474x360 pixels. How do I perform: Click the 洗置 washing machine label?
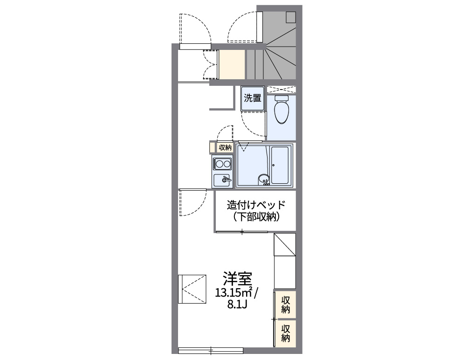tap(253, 98)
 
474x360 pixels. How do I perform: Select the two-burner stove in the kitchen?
tap(222, 164)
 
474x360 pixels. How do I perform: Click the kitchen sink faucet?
tap(227, 180)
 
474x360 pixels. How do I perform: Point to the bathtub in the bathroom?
tap(281, 166)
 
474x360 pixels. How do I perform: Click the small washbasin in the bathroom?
tap(264, 179)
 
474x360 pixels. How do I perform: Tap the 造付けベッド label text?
tap(255, 205)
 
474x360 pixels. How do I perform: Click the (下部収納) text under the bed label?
tap(255, 217)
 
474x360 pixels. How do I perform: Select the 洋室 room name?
tap(237, 278)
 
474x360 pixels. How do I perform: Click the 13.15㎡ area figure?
tap(234, 293)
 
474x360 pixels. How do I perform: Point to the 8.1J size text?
tap(237, 306)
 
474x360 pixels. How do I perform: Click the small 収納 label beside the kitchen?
tap(225, 147)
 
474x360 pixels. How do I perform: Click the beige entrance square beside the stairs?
tap(232, 65)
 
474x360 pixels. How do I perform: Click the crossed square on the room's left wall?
tap(192, 289)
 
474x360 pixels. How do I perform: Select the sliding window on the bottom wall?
tap(211, 350)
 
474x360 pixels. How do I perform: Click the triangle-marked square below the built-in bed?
tap(284, 244)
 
